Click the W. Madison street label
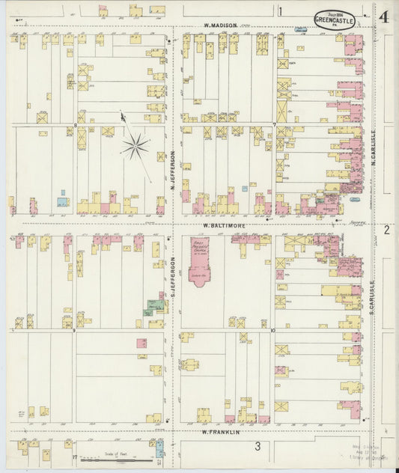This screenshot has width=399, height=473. [221, 25]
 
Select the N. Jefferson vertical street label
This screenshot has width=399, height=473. [172, 171]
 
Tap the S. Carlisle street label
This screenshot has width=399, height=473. [371, 297]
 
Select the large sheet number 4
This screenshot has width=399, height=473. [384, 17]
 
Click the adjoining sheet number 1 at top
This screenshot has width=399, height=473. [281, 11]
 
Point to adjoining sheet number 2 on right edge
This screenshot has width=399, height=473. [387, 230]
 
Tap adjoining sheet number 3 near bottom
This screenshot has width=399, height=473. [257, 447]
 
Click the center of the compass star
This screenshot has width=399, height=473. [135, 145]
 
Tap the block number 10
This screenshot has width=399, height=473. [274, 329]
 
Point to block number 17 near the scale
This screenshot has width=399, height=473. [75, 456]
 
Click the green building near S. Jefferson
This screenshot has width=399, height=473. [155, 307]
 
